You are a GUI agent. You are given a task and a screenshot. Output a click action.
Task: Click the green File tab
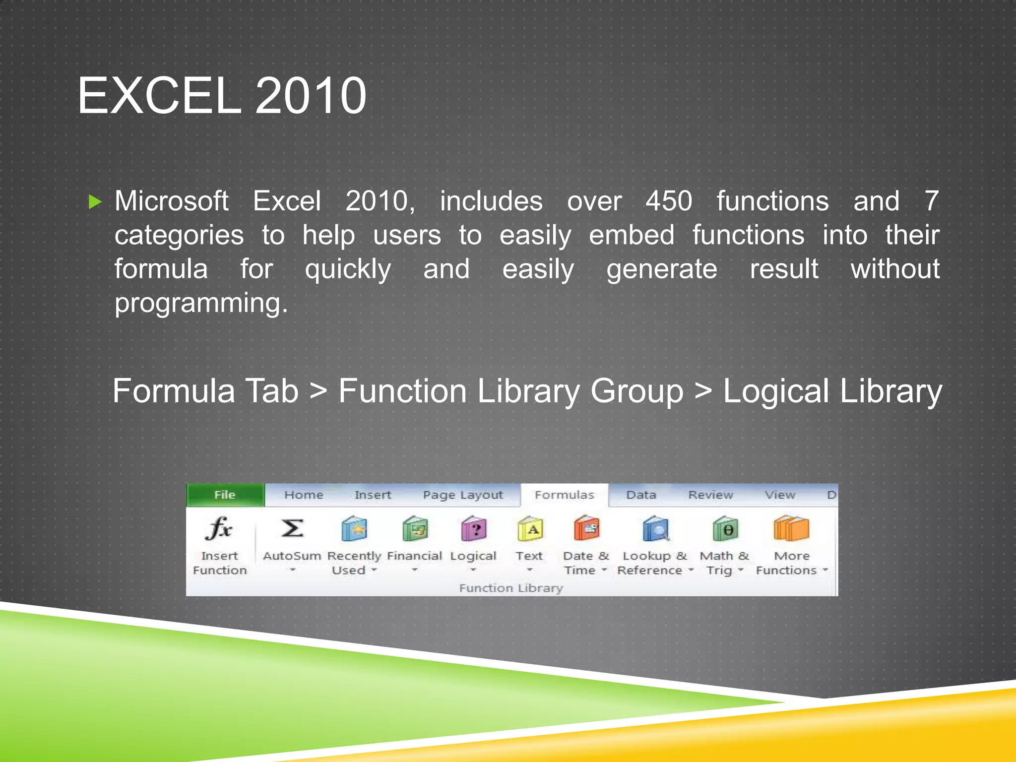(225, 495)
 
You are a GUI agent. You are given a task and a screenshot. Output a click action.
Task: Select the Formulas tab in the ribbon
(564, 495)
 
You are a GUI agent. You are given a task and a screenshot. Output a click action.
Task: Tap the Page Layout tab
(462, 495)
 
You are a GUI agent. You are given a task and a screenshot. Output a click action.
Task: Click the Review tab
(710, 495)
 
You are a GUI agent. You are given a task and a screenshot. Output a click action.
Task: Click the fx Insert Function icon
(219, 529)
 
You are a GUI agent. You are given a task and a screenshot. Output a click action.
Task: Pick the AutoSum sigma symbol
(292, 529)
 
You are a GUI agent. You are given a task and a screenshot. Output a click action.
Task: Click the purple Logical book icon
(473, 529)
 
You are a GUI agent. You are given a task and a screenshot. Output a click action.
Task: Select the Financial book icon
(415, 529)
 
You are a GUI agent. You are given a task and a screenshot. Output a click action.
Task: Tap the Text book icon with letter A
(530, 529)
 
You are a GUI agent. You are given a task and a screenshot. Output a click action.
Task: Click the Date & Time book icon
(586, 529)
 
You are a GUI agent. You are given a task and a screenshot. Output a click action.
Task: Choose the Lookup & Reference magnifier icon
(655, 529)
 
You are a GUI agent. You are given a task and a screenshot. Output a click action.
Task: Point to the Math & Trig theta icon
(725, 529)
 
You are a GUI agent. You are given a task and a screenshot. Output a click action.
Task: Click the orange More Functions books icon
(791, 529)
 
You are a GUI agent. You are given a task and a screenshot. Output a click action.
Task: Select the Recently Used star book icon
(354, 529)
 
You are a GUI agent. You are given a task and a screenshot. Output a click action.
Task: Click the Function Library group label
(511, 588)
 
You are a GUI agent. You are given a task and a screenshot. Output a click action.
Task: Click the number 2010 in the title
(311, 96)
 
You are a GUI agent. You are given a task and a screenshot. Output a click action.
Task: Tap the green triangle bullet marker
(95, 202)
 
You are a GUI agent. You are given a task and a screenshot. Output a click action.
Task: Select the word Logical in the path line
(775, 391)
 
